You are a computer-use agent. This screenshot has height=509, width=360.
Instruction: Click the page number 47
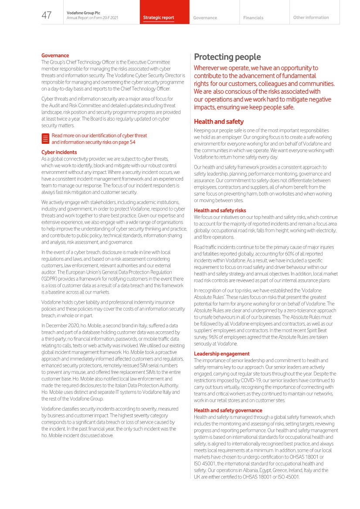[x=47, y=16]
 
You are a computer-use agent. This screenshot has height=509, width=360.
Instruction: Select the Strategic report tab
[x=159, y=18]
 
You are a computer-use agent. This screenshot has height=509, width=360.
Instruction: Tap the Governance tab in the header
[x=205, y=18]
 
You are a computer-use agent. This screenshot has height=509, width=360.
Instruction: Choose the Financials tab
[x=253, y=18]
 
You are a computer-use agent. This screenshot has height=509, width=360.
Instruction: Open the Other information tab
[x=311, y=17]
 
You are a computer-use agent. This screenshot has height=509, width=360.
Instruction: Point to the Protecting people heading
[x=227, y=57]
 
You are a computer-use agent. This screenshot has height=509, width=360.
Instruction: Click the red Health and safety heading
[x=218, y=122]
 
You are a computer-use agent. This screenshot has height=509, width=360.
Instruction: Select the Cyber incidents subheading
[x=59, y=153]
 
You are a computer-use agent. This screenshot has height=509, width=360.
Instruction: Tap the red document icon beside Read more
[x=45, y=139]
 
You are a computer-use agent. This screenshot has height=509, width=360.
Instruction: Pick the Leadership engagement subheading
[x=221, y=354]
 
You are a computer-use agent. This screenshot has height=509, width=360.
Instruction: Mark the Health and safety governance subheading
[x=228, y=411]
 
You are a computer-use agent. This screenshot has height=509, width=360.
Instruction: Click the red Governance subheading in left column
[x=55, y=55]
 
